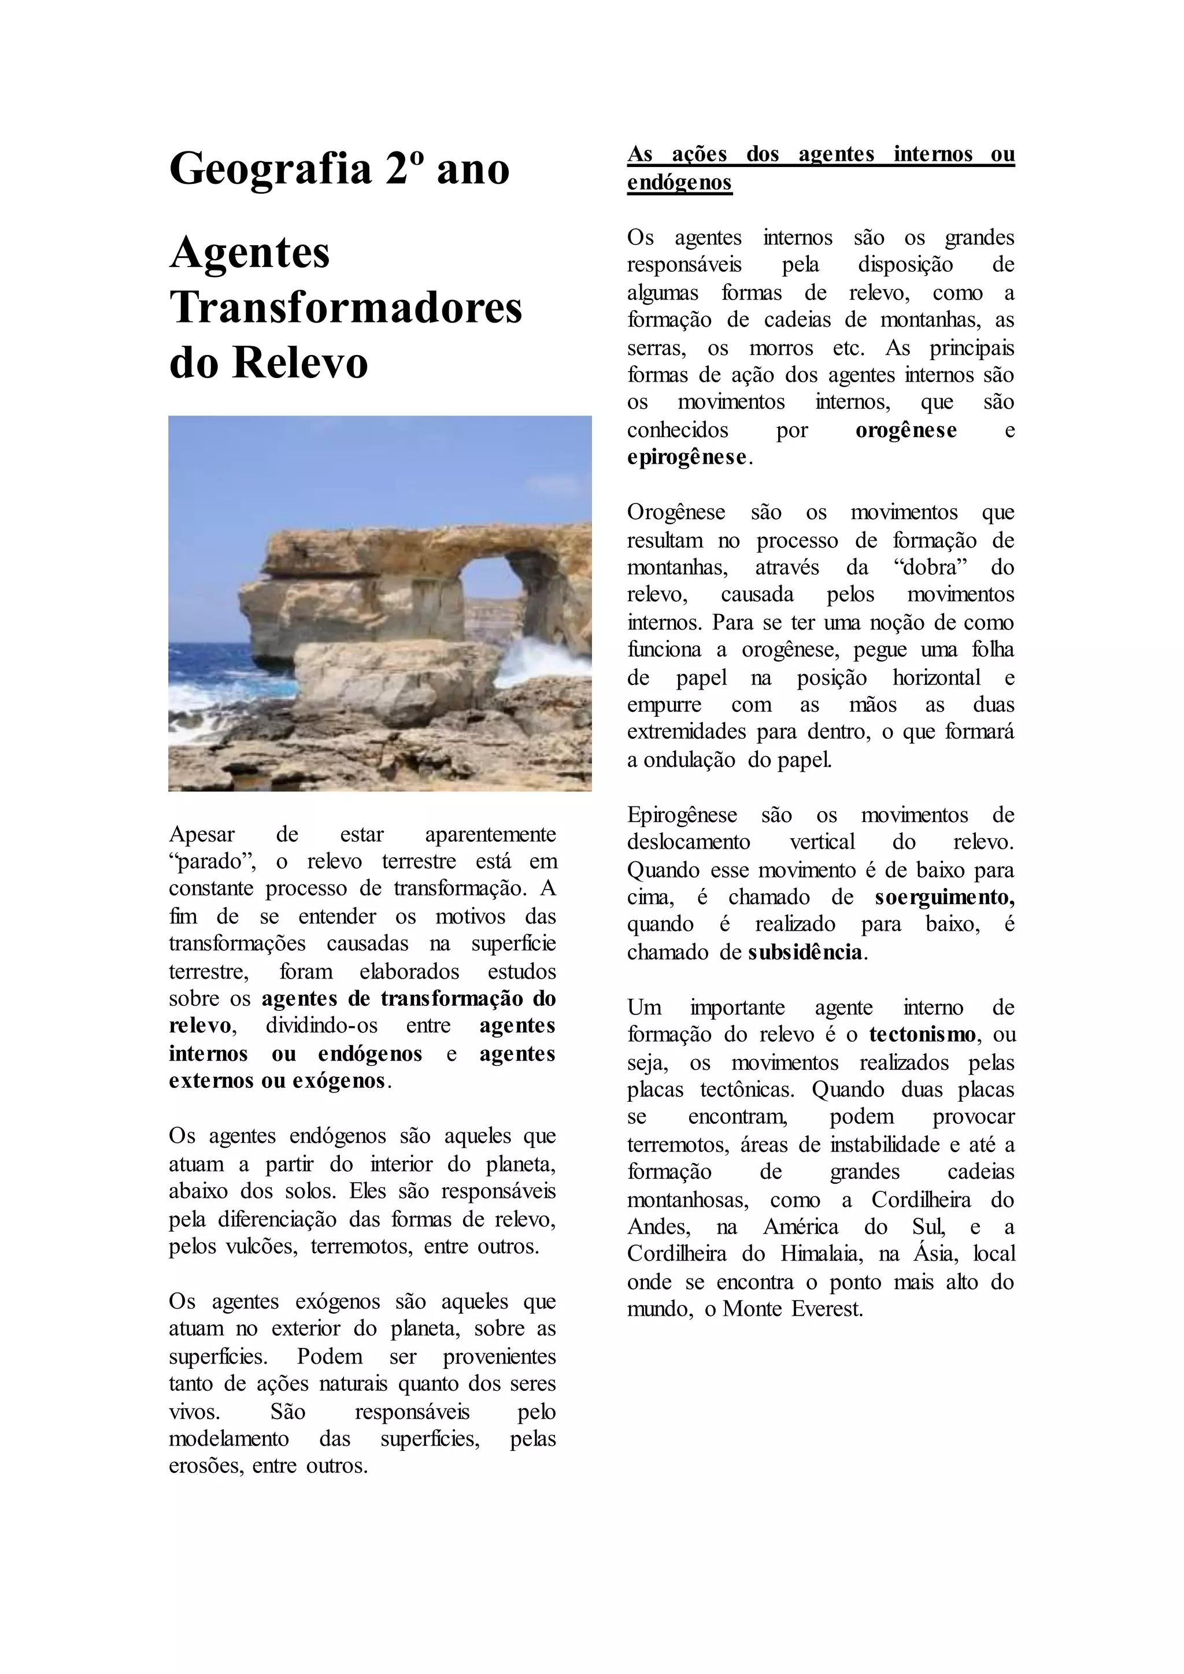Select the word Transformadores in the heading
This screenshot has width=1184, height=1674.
pos(346,307)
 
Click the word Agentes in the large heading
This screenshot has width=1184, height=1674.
pos(249,252)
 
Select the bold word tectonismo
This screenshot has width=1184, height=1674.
pos(922,1035)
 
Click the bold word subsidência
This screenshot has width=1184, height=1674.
pos(805,952)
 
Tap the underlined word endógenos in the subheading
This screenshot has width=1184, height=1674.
pos(679,182)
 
